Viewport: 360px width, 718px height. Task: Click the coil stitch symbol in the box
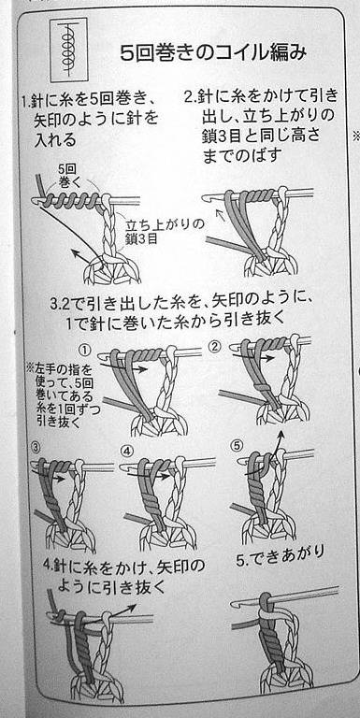click(67, 48)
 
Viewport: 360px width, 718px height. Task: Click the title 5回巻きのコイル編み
click(213, 53)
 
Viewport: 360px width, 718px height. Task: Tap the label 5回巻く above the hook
click(67, 176)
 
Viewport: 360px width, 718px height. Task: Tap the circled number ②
click(214, 347)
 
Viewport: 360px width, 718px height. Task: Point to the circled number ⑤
click(237, 444)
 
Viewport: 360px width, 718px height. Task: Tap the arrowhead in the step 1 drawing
click(75, 252)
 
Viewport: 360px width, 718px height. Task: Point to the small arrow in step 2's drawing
click(221, 213)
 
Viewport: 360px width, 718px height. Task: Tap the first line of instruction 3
click(181, 304)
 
